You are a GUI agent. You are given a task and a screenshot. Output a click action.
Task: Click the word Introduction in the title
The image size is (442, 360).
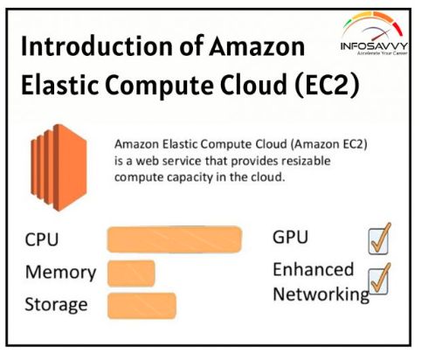tap(97, 46)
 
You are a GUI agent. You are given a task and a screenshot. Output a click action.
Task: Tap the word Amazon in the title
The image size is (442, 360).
tap(257, 46)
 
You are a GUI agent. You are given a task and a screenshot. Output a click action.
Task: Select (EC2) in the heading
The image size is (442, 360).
tap(327, 85)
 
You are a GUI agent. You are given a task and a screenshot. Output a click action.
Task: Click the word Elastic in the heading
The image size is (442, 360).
tap(59, 85)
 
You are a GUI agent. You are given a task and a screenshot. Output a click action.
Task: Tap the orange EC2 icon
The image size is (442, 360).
tap(59, 168)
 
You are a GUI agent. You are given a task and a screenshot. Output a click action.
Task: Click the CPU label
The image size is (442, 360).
tap(42, 239)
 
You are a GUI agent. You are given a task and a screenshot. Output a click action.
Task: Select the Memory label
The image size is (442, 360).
tap(60, 273)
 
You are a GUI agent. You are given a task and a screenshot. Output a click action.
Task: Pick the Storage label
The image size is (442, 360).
tap(56, 305)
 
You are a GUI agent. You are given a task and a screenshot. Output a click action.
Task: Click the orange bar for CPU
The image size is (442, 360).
tap(175, 239)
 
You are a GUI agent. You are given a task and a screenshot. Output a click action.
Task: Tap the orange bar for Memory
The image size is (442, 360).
tap(131, 273)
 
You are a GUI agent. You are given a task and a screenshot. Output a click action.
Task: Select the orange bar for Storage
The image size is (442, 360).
tap(142, 306)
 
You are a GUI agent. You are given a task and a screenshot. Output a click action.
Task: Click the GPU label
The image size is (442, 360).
tap(290, 237)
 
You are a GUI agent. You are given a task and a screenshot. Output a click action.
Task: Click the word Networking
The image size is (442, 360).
tap(321, 294)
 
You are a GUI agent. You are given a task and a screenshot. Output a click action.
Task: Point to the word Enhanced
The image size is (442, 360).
tap(314, 269)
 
